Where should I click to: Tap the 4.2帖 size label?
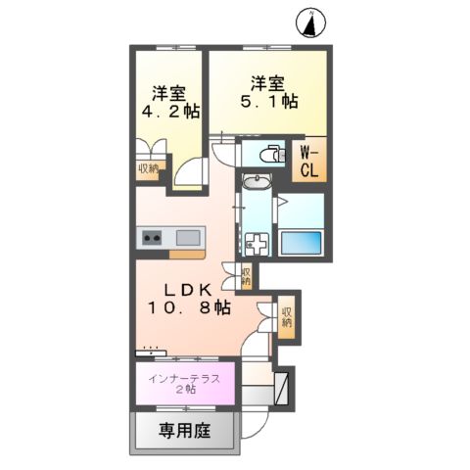click(168, 112)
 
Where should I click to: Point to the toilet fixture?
click(265, 154)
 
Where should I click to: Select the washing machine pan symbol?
click(256, 243)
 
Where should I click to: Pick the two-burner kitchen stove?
click(154, 237)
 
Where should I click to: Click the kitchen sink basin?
click(188, 237)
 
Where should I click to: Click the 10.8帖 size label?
click(188, 307)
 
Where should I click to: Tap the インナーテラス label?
click(183, 377)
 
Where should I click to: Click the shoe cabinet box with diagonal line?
click(282, 389)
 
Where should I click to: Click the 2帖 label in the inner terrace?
click(184, 390)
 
